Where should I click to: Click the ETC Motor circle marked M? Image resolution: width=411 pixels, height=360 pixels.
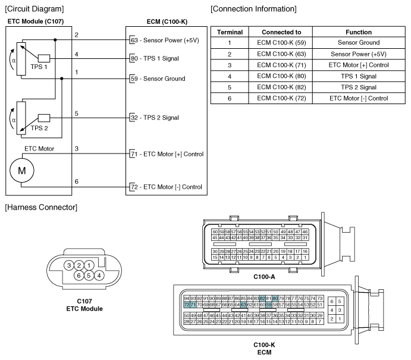(x=22, y=170)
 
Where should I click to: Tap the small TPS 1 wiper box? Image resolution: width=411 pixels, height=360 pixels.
(x=44, y=58)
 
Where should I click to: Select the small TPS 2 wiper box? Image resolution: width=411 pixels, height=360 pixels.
(x=44, y=118)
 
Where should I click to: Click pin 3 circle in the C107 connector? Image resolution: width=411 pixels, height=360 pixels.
(x=69, y=265)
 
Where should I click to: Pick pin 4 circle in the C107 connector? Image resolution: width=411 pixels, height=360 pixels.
(x=99, y=276)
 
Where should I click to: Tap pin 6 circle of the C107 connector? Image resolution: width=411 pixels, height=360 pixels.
(x=79, y=276)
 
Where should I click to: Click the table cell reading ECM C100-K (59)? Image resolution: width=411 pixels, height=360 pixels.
(x=281, y=42)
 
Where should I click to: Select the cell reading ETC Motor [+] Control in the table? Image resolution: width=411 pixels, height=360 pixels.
(x=359, y=65)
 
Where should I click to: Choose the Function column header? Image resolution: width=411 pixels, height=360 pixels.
(x=359, y=32)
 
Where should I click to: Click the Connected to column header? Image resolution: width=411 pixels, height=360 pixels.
(x=281, y=32)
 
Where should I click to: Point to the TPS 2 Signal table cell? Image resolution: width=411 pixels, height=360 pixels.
(x=359, y=87)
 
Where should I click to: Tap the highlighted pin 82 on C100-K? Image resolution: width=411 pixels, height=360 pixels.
(x=262, y=298)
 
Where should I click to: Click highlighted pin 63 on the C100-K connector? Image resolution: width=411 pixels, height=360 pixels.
(x=243, y=305)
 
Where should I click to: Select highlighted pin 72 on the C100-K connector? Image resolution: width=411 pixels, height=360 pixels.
(x=187, y=305)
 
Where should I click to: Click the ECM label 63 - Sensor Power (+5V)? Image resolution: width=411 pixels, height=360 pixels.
(x=165, y=40)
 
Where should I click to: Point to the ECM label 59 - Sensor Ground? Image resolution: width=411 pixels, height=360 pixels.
(x=158, y=79)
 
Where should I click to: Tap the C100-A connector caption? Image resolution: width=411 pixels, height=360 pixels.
(x=264, y=277)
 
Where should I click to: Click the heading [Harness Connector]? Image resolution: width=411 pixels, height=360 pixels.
(x=41, y=208)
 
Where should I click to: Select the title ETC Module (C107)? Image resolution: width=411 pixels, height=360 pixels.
(x=36, y=21)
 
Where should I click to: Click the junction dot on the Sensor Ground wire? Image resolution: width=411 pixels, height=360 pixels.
(x=62, y=79)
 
